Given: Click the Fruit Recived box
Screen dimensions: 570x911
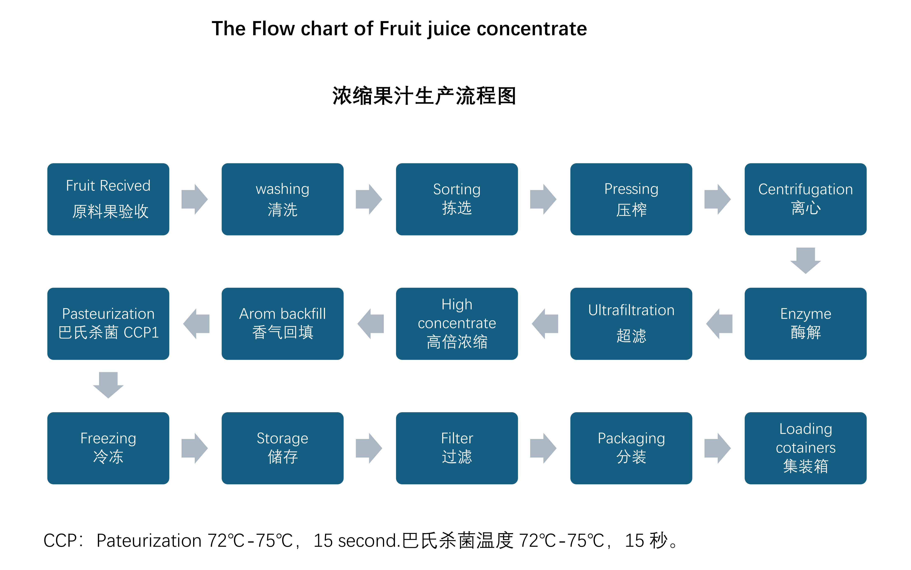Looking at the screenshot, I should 108,199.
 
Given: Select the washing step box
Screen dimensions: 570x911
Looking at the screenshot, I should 283,199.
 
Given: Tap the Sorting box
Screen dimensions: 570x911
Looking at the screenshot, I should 457,199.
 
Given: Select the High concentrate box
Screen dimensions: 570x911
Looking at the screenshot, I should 457,323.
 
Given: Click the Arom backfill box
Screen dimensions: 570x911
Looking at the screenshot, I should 283,323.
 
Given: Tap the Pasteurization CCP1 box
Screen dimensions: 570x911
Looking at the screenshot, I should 108,323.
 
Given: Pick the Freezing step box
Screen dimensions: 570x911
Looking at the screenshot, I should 108,448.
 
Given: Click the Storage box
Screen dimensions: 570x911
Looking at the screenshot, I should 283,448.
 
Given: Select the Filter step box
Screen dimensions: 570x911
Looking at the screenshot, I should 457,448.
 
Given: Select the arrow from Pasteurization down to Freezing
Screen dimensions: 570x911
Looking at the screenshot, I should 108,385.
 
